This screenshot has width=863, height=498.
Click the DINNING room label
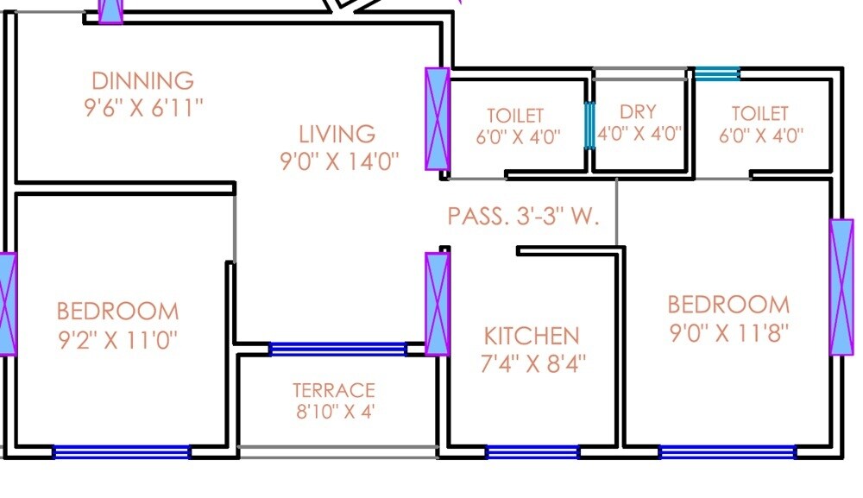click(143, 81)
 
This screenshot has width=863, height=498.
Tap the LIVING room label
click(337, 135)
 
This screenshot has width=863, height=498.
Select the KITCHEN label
click(531, 336)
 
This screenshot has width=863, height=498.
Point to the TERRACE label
click(333, 390)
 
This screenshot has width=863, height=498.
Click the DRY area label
click(638, 112)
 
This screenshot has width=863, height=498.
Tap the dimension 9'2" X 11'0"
click(117, 338)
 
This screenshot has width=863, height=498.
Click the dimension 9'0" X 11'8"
click(729, 333)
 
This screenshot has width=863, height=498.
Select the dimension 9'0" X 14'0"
click(339, 162)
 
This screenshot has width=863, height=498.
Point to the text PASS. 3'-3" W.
click(523, 216)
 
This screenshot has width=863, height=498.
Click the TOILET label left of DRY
click(515, 115)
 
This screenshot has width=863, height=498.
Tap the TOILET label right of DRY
click(759, 113)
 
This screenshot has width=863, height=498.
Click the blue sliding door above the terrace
click(337, 349)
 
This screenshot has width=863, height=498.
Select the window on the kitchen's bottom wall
click(532, 451)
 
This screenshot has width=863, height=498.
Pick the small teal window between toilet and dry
click(590, 125)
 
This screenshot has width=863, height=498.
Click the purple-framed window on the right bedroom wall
click(841, 287)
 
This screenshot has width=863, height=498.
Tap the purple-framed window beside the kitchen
click(438, 304)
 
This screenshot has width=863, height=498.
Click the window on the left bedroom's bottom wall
click(121, 451)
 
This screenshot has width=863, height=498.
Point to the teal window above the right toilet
click(717, 74)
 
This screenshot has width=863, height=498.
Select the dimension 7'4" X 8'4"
click(532, 363)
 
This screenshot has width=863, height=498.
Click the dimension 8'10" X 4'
click(336, 413)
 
